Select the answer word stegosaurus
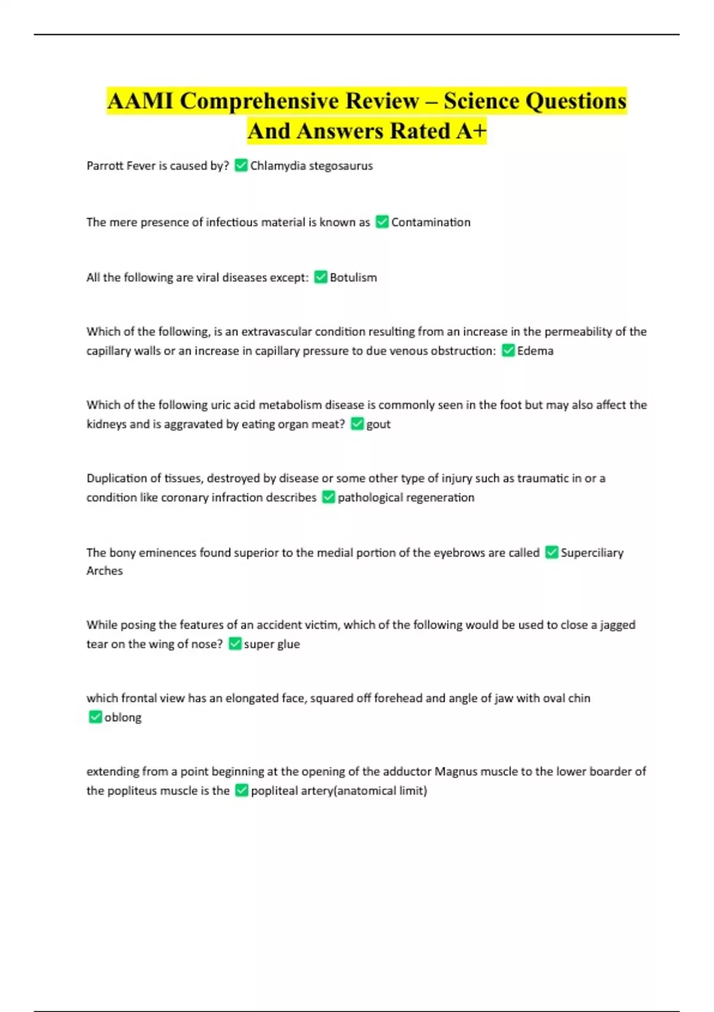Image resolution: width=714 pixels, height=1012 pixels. point(341,166)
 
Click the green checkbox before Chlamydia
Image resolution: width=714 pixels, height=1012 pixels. point(241,165)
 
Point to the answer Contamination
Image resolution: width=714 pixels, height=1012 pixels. point(430,222)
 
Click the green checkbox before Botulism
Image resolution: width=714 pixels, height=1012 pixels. point(321,277)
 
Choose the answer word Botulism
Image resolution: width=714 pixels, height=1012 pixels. point(353,277)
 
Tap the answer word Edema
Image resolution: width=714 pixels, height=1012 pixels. point(535,351)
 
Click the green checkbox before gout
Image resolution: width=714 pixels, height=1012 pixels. point(357,424)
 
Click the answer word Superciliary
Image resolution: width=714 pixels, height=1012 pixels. point(591,552)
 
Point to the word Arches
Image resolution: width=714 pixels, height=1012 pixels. point(105,571)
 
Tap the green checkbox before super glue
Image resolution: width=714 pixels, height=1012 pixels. point(235,644)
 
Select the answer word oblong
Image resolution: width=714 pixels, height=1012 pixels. point(123,717)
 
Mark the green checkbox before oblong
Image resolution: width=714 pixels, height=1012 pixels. point(95,717)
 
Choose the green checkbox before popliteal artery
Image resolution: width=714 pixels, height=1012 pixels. point(241,791)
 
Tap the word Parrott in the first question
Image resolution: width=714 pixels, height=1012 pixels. point(105,166)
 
